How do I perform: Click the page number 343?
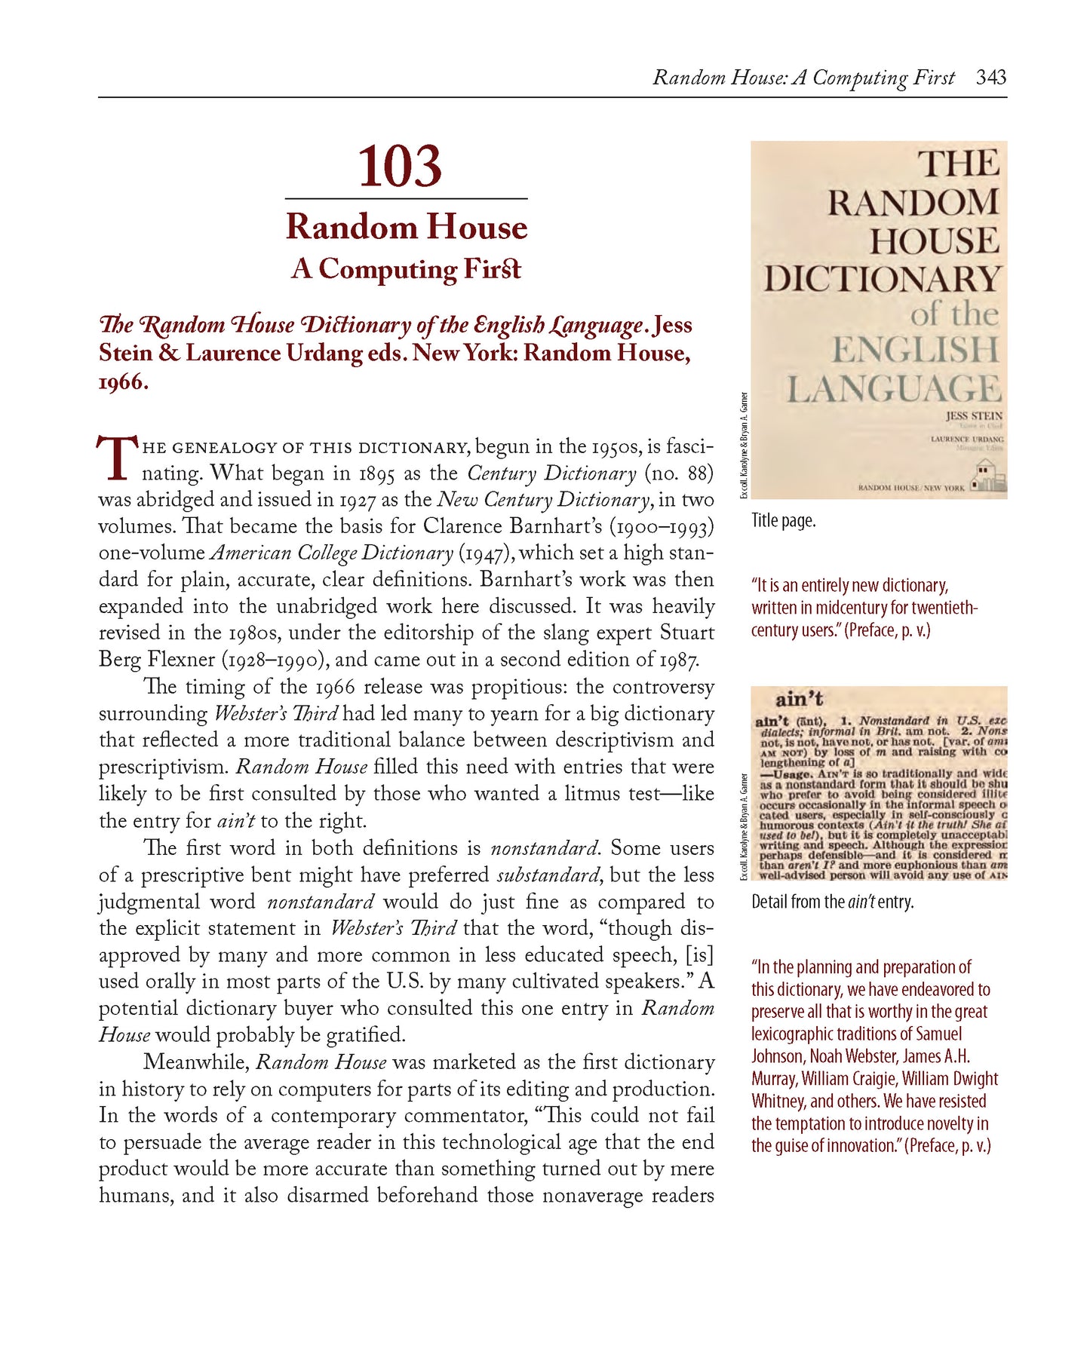[x=990, y=78]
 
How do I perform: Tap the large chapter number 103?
[x=399, y=167]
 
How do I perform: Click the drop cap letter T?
[x=117, y=458]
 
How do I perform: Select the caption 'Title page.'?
[x=783, y=521]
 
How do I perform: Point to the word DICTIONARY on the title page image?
[x=881, y=279]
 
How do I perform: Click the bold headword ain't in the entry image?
[x=799, y=699]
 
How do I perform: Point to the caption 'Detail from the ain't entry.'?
[x=832, y=902]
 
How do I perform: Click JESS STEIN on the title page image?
[x=974, y=416]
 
